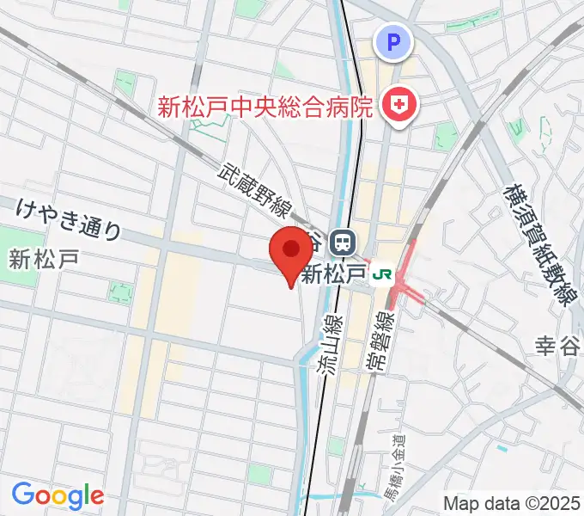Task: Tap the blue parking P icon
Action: (x=393, y=40)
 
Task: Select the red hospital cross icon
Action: (x=399, y=107)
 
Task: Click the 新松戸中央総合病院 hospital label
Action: (x=265, y=107)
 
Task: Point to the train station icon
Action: (x=344, y=241)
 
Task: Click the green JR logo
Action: (x=381, y=275)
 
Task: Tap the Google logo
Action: (x=58, y=495)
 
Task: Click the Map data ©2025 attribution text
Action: (x=512, y=502)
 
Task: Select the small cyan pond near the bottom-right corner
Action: (x=502, y=448)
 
